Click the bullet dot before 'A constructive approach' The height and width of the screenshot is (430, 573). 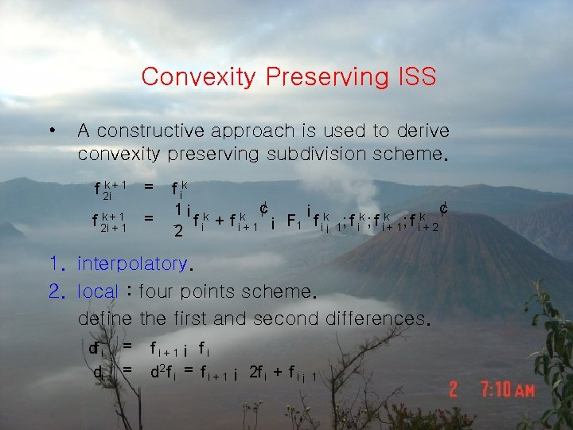pos(52,131)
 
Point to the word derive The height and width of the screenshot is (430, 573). pos(421,131)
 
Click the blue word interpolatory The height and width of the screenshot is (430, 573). pos(132,264)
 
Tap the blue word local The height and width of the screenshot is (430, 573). pos(98,291)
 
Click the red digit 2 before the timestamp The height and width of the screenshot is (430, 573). pos(453,389)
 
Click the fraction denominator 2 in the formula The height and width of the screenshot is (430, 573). pos(179,231)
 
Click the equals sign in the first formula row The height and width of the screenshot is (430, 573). pos(148,187)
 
